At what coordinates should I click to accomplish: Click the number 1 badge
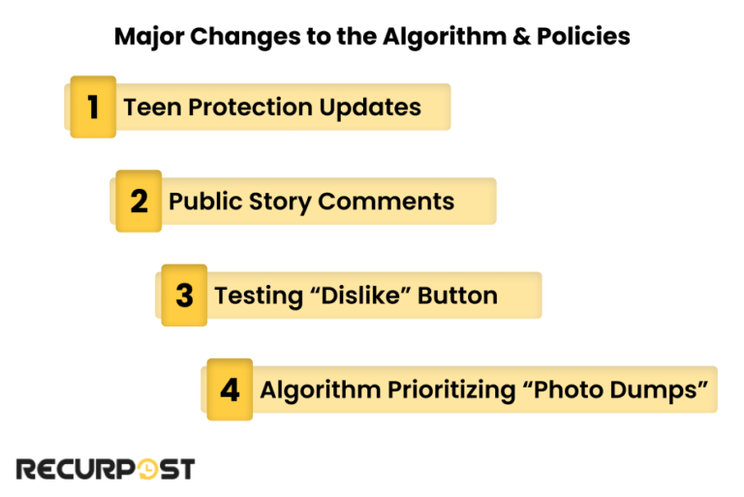click(93, 107)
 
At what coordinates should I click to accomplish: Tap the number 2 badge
click(139, 201)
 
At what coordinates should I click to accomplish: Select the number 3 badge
click(184, 295)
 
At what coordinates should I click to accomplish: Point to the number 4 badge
click(230, 389)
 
